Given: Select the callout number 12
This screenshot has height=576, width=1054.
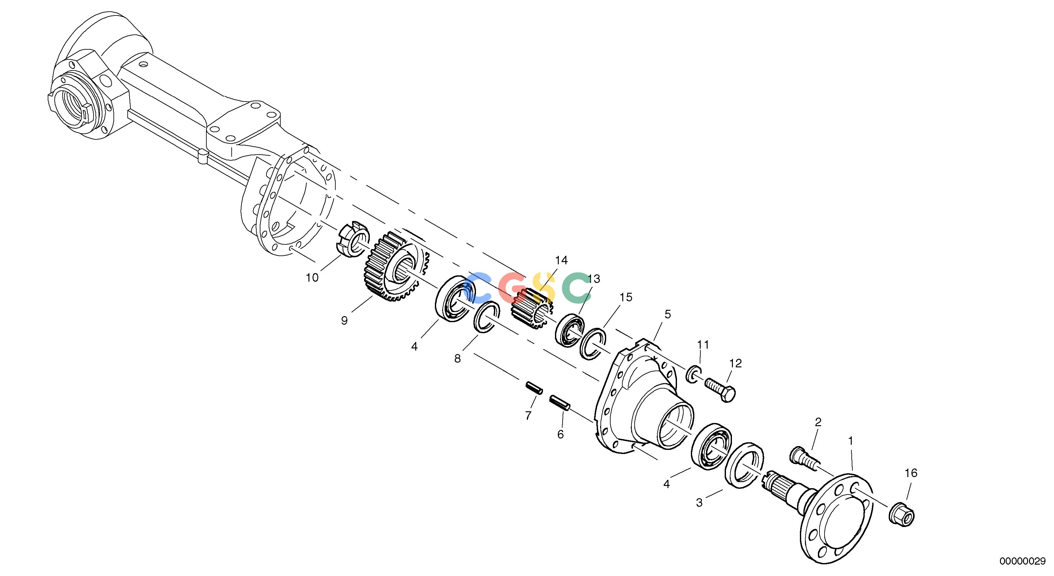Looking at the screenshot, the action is (735, 363).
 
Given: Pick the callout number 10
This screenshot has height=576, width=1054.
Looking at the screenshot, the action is (312, 278).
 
